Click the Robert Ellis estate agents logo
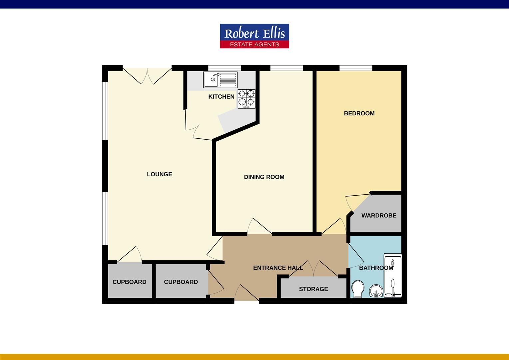pyautogui.click(x=254, y=36)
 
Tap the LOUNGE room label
pyautogui.click(x=160, y=174)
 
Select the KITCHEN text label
pyautogui.click(x=221, y=97)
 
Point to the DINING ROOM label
pyautogui.click(x=264, y=177)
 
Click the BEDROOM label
pyautogui.click(x=359, y=113)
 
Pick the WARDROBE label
pyautogui.click(x=379, y=215)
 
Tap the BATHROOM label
pyautogui.click(x=376, y=268)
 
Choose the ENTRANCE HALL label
pyautogui.click(x=278, y=268)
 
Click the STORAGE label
pyautogui.click(x=313, y=289)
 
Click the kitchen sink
pyautogui.click(x=220, y=80)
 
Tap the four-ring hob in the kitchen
pyautogui.click(x=247, y=99)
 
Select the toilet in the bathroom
pyautogui.click(x=358, y=289)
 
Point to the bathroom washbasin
pyautogui.click(x=376, y=291)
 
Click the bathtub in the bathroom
pyautogui.click(x=393, y=276)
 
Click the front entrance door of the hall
pyautogui.click(x=247, y=294)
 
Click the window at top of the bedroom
pyautogui.click(x=356, y=68)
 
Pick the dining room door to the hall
pyautogui.click(x=259, y=227)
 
